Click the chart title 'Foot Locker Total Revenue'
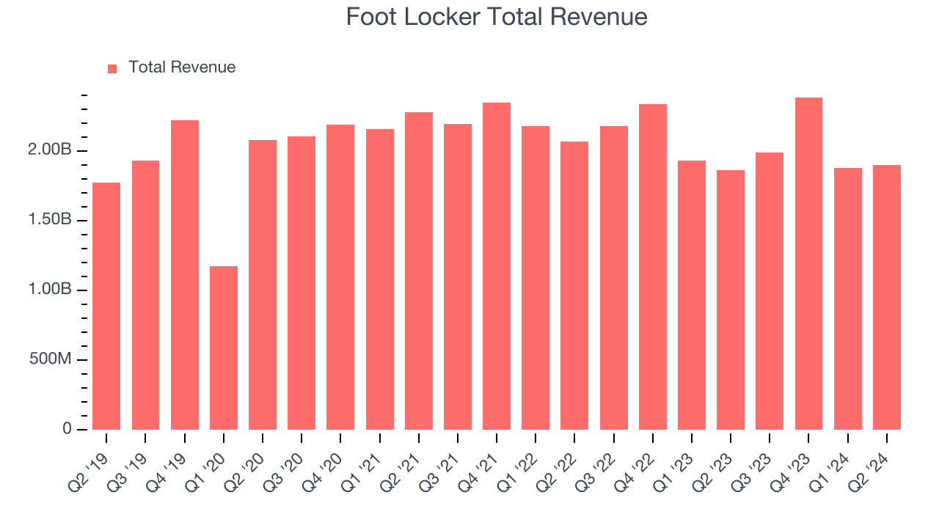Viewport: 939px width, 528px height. click(497, 17)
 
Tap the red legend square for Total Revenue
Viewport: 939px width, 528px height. click(112, 68)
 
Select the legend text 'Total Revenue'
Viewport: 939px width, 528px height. click(182, 67)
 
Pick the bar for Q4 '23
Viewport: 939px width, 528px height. click(808, 263)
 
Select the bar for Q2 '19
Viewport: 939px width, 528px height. click(106, 306)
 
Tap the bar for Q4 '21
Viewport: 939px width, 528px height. click(497, 266)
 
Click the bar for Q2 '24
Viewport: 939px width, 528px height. click(886, 297)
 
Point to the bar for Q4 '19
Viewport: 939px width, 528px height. click(185, 275)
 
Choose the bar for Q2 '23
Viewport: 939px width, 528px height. click(731, 300)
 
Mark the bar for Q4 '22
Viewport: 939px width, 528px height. click(653, 267)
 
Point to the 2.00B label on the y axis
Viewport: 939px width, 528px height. click(51, 151)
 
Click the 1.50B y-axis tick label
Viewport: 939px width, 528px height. click(51, 221)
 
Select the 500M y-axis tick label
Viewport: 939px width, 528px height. click(52, 360)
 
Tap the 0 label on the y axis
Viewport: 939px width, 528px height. click(67, 429)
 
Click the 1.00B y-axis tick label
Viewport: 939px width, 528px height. click(51, 290)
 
